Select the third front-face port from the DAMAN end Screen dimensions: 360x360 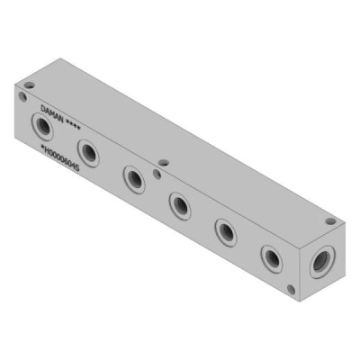point(134,177)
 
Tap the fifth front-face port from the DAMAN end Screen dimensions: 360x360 point(225,232)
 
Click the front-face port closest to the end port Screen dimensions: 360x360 point(272,259)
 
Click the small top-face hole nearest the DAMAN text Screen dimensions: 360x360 point(29,85)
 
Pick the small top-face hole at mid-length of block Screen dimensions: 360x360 point(164,163)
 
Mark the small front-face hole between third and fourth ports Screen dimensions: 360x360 point(157,173)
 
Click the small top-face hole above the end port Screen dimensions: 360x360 point(330,220)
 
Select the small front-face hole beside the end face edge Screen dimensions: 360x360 point(291,289)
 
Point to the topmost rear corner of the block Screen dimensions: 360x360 point(60,58)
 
